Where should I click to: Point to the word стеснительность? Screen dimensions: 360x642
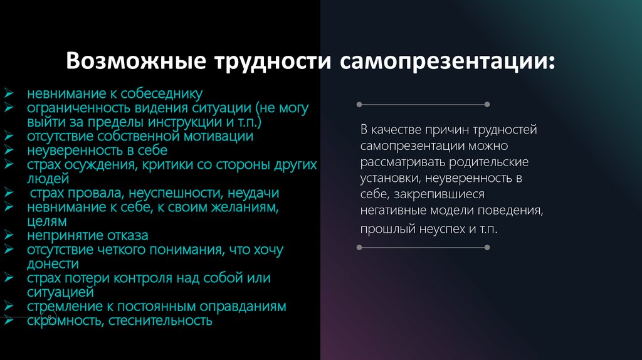[x=160, y=320]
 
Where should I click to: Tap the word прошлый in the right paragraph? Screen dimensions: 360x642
[x=380, y=230]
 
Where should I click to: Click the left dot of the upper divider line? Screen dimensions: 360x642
[x=359, y=103]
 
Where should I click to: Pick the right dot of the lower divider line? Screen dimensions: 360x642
[x=487, y=248]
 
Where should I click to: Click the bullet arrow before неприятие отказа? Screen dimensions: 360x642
[x=9, y=235]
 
